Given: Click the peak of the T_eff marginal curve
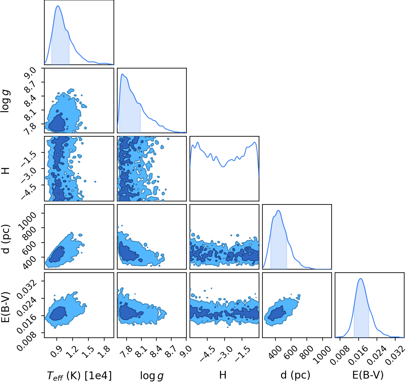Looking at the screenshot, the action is [58, 6].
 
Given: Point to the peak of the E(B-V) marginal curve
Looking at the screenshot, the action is [360, 279].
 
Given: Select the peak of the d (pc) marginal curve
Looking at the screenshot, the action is [278, 210].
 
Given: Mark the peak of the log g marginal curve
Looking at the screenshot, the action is [122, 74].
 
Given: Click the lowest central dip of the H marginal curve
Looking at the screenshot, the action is [223, 167].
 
